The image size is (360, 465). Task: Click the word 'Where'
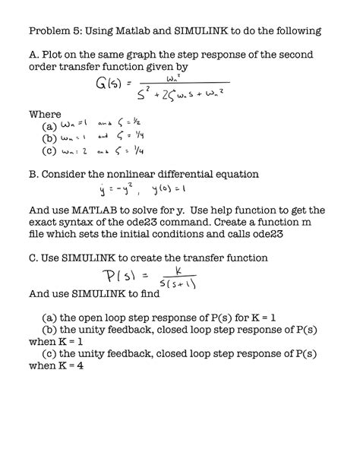(x=45, y=114)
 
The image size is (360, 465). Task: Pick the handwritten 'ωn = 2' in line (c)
(x=78, y=150)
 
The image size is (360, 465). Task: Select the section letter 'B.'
(x=34, y=174)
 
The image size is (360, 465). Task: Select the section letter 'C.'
(x=34, y=258)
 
